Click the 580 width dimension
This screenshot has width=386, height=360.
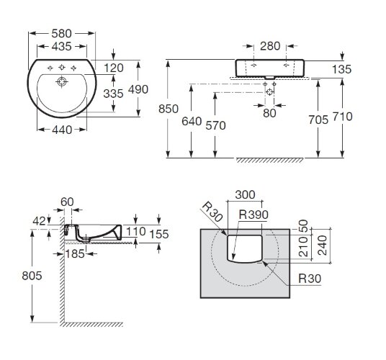point(62,33)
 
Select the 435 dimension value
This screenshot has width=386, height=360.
point(62,45)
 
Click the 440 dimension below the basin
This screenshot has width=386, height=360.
point(62,130)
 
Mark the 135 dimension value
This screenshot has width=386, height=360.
point(342,70)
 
